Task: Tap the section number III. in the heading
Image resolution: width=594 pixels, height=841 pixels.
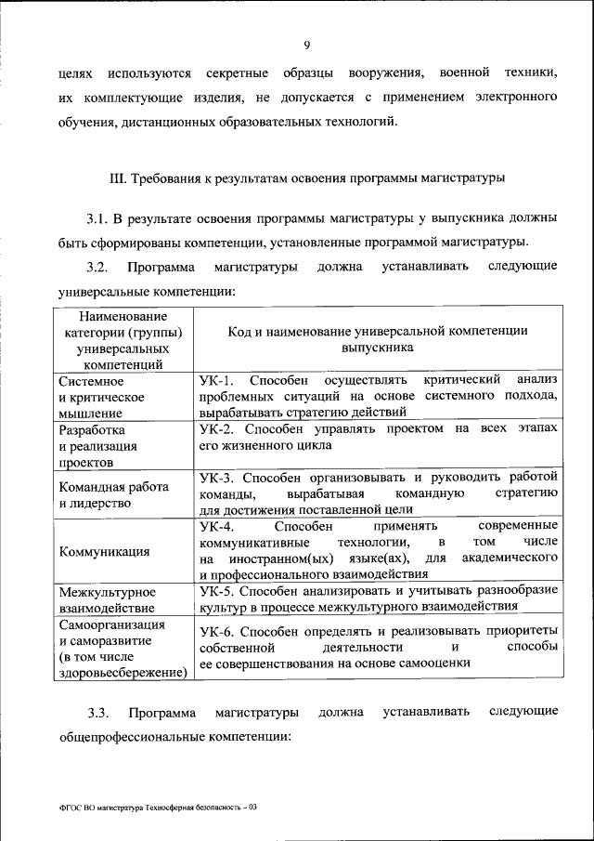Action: (x=117, y=177)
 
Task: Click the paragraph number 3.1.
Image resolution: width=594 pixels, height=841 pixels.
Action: (x=98, y=220)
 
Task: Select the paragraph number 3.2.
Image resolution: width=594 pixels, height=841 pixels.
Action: (x=97, y=268)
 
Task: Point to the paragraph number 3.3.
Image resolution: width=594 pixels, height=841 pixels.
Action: (x=98, y=714)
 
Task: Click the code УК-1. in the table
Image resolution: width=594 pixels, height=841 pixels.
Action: (x=219, y=380)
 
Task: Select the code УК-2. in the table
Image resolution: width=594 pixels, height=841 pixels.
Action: (x=219, y=428)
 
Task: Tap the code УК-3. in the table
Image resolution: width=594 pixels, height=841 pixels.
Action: (x=219, y=477)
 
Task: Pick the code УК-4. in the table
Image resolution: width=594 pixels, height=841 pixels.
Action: (x=218, y=525)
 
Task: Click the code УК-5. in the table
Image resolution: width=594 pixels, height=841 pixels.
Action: (x=219, y=591)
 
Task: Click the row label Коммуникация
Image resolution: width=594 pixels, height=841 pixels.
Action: (x=104, y=551)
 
